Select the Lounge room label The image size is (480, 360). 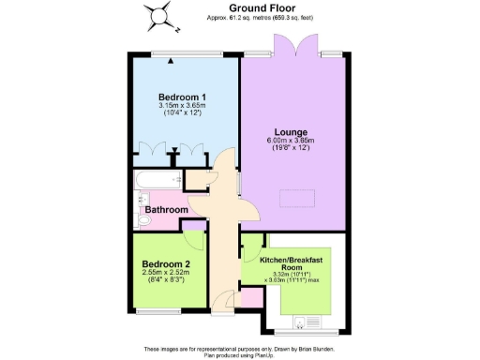(292, 132)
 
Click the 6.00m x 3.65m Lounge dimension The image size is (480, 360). (292, 142)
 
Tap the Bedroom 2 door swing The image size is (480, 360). (195, 229)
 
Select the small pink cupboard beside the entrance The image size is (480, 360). (251, 299)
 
